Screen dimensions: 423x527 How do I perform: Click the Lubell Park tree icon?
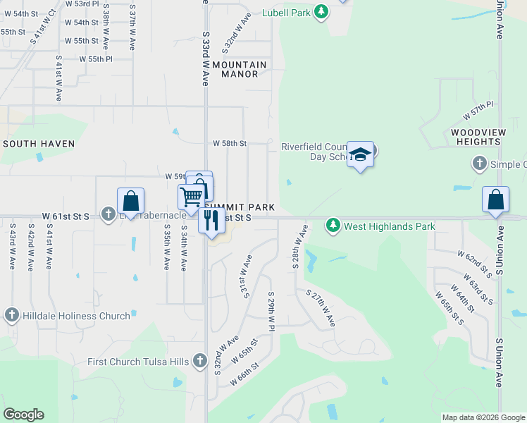321,11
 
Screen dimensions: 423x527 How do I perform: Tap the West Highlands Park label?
389,226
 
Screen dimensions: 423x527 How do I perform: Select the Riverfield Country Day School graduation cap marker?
360,154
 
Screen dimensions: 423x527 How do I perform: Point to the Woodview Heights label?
476,137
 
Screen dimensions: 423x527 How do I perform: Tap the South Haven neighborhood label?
39,144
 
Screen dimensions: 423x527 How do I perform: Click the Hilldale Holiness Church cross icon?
11,316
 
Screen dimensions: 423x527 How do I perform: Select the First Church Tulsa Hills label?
138,362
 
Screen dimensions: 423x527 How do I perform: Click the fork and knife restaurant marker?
211,221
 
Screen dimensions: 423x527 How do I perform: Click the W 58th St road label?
230,143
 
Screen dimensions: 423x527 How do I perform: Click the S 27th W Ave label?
320,307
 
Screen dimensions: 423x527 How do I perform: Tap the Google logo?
23,415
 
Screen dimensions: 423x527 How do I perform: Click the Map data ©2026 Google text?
483,417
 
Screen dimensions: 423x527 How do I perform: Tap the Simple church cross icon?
478,164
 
